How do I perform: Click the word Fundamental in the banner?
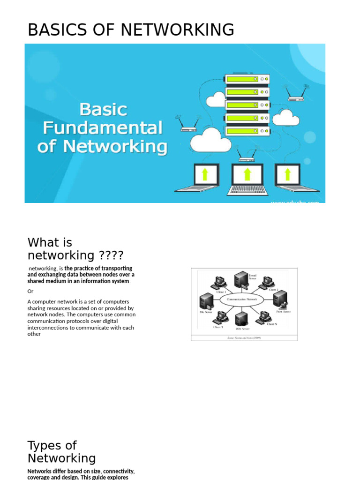point(103,128)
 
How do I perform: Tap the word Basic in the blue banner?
point(103,110)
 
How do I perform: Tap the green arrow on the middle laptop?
point(247,174)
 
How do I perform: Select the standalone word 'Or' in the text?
point(30,291)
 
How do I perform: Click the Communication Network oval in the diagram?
point(241,299)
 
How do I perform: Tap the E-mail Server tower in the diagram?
point(241,280)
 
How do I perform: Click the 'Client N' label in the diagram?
point(272,324)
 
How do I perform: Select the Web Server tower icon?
point(241,319)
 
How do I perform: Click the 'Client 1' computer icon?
point(218,282)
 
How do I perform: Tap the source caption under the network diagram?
point(244,337)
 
